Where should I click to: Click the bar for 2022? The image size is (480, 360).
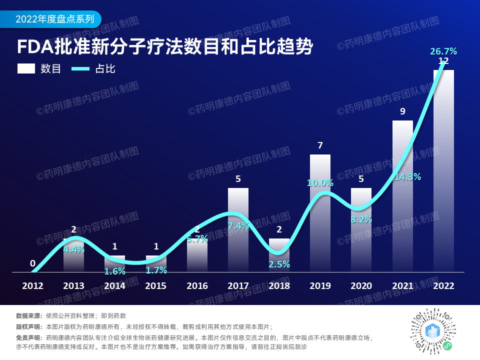tap(443, 170)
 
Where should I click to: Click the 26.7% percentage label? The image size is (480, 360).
tap(443, 51)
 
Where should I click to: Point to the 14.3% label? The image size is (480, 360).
tap(407, 176)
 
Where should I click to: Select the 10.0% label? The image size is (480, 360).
tap(320, 183)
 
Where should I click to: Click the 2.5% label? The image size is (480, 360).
tap(279, 264)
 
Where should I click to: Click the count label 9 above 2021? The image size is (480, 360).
tap(402, 111)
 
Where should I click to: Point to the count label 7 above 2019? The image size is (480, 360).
tap(320, 145)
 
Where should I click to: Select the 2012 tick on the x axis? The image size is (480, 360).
tap(32, 286)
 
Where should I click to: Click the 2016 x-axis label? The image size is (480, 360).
tap(197, 286)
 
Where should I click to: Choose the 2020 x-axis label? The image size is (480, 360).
tap(361, 286)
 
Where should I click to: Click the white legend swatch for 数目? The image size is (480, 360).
tap(25, 68)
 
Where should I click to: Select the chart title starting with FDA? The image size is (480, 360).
tap(165, 47)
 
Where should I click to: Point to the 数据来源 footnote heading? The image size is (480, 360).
tap(29, 316)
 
